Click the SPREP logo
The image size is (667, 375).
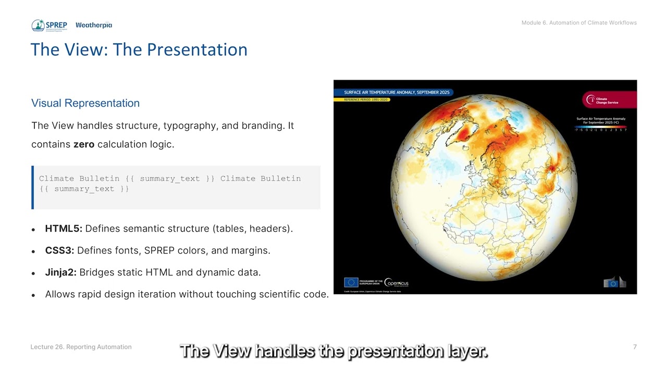coord(49,26)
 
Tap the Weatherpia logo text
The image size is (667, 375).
coord(94,25)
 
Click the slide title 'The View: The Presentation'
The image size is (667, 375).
coord(139,49)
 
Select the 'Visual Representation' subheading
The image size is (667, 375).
coord(85,103)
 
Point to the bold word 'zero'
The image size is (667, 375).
coord(83,144)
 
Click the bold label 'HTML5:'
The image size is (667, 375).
coord(64,229)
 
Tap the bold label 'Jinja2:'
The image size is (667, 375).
coord(61,272)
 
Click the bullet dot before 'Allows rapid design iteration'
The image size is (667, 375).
coord(34,295)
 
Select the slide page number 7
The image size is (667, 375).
coord(635,347)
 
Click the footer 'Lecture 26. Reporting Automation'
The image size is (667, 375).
coord(81,347)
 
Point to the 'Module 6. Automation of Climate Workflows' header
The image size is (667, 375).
coord(579,22)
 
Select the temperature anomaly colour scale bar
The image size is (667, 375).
coord(600,126)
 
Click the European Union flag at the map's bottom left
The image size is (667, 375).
coord(351,282)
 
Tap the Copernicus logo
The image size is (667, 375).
coord(397,283)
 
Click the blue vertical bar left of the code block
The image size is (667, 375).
coord(33,187)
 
